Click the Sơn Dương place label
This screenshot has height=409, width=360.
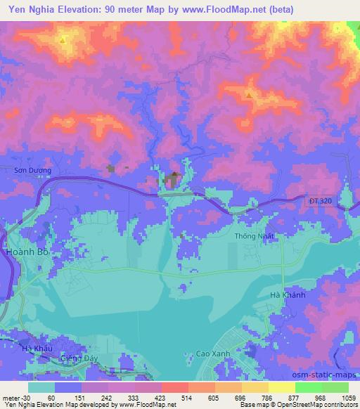pos(34,170)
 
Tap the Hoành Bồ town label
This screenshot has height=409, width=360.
pos(25,251)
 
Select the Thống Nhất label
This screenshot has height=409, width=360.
pos(254,237)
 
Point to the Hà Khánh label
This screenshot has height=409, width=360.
pos(288,296)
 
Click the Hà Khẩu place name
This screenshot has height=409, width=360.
pos(37,349)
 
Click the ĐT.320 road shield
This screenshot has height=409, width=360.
pos(320,201)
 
